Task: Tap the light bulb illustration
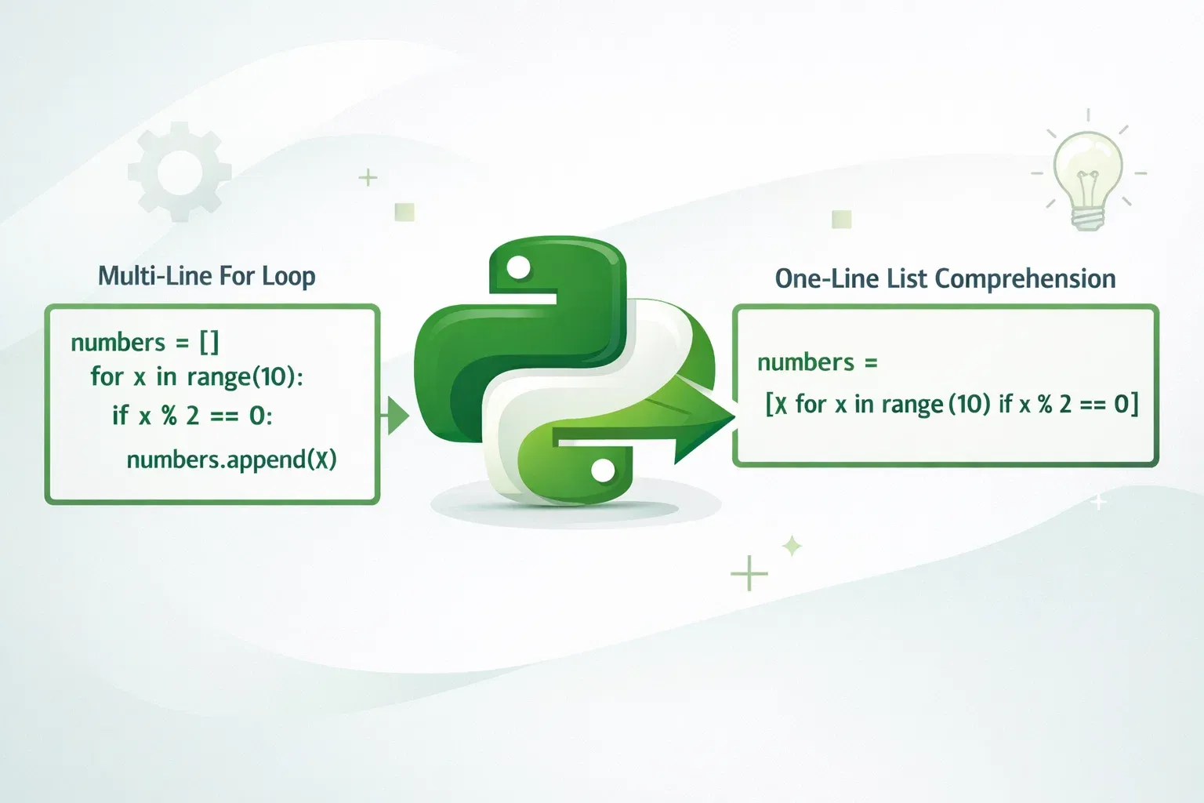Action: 1088,176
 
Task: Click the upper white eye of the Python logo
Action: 518,268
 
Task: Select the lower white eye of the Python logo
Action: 602,471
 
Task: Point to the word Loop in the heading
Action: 288,277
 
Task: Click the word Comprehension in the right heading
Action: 1025,279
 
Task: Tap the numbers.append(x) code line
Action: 231,459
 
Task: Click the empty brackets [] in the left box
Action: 209,343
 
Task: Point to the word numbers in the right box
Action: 805,362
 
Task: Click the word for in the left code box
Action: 107,377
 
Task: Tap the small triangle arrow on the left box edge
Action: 397,415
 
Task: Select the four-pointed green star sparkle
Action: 792,546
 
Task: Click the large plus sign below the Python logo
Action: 749,573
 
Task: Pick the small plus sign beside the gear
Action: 368,178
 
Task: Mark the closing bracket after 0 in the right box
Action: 1133,405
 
